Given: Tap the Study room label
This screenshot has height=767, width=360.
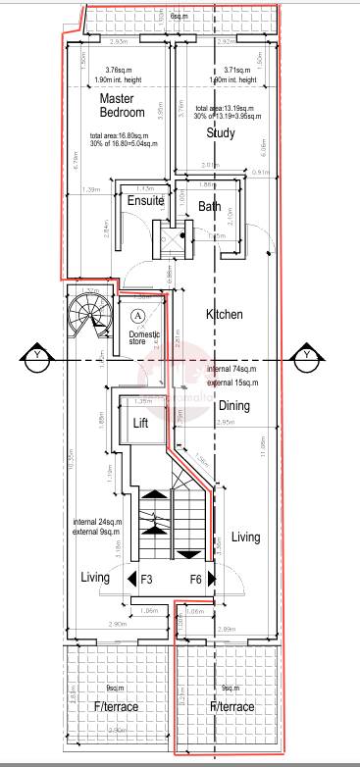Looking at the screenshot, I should [x=220, y=134].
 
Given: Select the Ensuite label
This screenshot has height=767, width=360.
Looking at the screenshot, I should [x=145, y=201].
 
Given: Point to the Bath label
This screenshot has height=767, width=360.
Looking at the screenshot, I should [x=210, y=207].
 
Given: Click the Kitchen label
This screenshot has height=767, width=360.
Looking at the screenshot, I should [x=225, y=315].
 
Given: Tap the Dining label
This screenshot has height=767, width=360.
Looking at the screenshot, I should [x=233, y=405].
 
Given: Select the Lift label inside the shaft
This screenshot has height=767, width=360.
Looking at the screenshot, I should [x=140, y=423].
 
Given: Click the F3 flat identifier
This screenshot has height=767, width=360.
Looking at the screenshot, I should [x=147, y=580].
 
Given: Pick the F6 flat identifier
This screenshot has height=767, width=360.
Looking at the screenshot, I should [x=196, y=580].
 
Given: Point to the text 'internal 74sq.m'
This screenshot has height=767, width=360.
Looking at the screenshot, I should [x=232, y=370].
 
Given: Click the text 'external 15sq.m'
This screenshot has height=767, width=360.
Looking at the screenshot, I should [x=232, y=382].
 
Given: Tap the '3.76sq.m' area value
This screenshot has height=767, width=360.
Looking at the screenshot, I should [x=121, y=70].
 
